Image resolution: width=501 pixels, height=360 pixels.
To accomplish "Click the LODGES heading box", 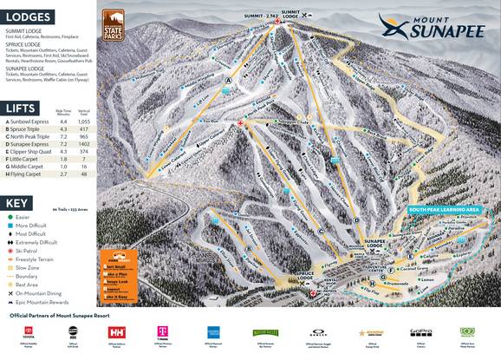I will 27,16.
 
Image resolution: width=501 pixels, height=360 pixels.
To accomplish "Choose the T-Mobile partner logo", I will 162,333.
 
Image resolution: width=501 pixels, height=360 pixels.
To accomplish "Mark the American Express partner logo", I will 213,333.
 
